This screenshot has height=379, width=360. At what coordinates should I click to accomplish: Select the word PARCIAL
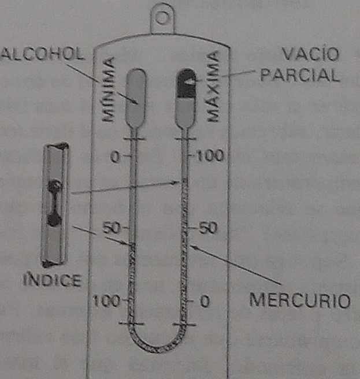pos(299,76)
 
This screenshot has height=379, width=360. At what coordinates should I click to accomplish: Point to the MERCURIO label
pos(300,301)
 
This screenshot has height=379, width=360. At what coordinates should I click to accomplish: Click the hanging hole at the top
pos(164,17)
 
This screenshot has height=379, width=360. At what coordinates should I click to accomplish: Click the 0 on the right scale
pos(203,301)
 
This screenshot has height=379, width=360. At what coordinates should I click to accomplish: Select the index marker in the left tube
pos(133,246)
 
